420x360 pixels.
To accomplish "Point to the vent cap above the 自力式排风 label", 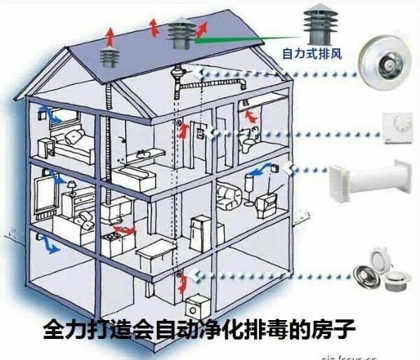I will point(316,25).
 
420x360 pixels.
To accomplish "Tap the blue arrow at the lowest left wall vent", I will point(49,246).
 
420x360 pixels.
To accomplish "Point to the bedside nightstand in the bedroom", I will point(47,147).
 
